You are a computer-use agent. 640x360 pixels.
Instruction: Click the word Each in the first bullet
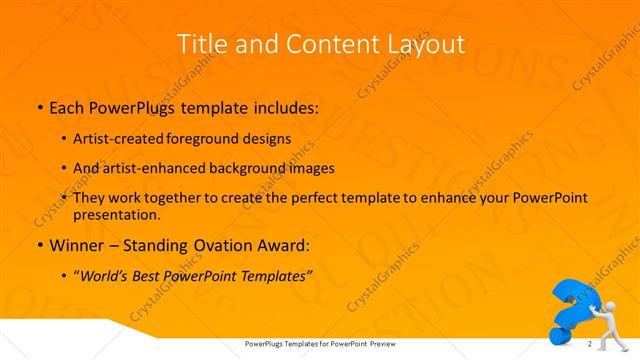coord(68,105)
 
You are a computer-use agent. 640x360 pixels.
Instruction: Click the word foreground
coord(213,141)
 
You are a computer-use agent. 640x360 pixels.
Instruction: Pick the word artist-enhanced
coord(154,169)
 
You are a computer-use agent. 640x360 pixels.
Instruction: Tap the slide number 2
coord(590,344)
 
